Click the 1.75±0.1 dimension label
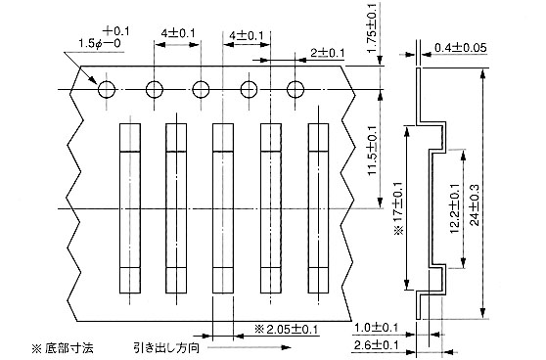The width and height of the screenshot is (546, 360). [x=372, y=27]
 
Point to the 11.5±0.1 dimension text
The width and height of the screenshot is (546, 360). [x=372, y=151]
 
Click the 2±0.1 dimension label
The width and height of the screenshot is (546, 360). [x=328, y=53]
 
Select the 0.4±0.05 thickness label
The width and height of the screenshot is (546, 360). [x=460, y=48]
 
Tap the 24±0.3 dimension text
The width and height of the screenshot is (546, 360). [x=475, y=205]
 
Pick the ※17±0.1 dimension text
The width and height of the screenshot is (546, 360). [x=398, y=207]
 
